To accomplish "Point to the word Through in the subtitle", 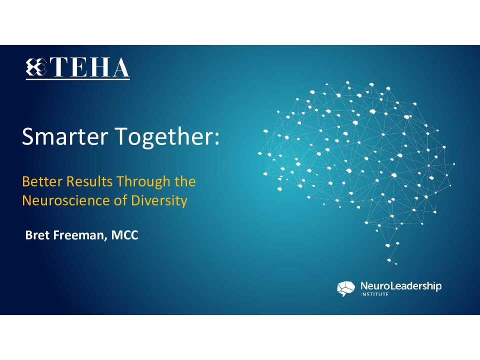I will pyautogui.click(x=142, y=181).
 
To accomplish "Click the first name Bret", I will pyautogui.click(x=36, y=235).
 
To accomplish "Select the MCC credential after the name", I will pyautogui.click(x=124, y=235).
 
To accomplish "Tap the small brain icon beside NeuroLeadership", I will pyautogui.click(x=346, y=288).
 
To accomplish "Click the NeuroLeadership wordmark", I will pyautogui.click(x=401, y=286).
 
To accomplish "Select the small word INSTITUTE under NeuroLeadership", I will pyautogui.click(x=375, y=294).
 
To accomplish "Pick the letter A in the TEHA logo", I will pyautogui.click(x=119, y=68).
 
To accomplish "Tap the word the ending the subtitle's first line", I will pyautogui.click(x=185, y=181).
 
